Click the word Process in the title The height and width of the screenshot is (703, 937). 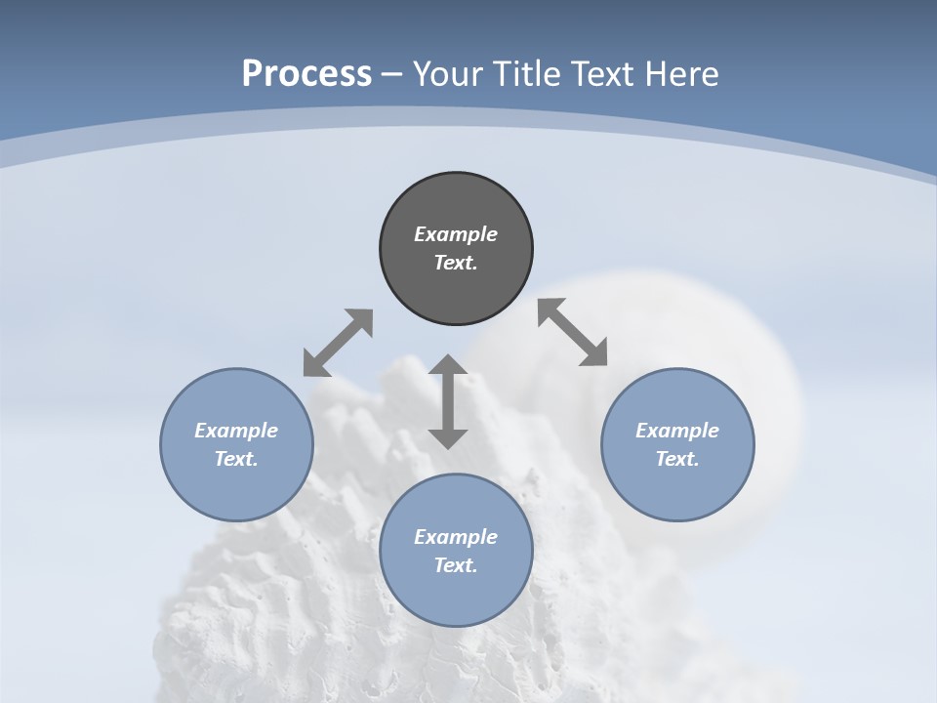(x=306, y=74)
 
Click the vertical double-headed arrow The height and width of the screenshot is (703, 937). (x=448, y=401)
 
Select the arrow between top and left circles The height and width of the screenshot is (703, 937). (x=338, y=343)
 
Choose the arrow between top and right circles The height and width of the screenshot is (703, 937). (x=573, y=332)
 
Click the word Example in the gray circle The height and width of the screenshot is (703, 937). (x=456, y=234)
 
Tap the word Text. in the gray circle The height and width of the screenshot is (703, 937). (x=456, y=263)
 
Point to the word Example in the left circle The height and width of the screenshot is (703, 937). (x=236, y=431)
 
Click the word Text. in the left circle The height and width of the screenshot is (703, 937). (x=236, y=459)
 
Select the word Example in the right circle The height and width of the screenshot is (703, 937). (x=677, y=431)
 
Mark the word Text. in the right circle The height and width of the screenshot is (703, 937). (x=677, y=459)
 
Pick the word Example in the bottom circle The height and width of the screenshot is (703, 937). (x=456, y=537)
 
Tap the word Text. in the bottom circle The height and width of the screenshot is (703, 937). (x=456, y=565)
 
